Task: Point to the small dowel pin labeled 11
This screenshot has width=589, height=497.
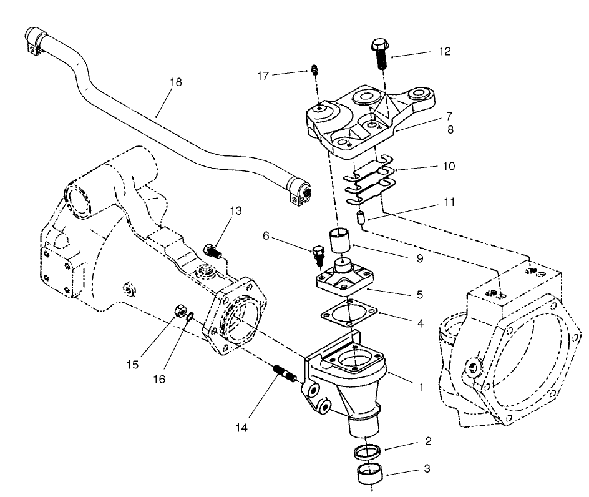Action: (x=361, y=219)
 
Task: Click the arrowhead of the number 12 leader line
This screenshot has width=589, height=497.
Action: (x=392, y=58)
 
